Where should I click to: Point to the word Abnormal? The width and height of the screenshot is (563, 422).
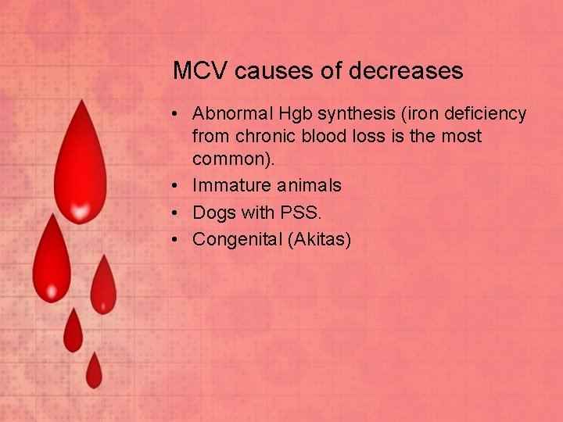[x=231, y=114]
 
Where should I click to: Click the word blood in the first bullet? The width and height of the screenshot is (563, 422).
[x=316, y=136]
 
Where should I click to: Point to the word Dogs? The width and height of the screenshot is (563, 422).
[x=211, y=213]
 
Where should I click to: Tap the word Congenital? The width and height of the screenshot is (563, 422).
[x=237, y=239]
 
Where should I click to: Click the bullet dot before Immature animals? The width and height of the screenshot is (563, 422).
[x=178, y=186]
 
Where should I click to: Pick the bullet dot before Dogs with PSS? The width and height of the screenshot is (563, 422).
[x=178, y=213]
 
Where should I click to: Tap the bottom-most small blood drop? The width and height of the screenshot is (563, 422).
[x=94, y=372]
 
